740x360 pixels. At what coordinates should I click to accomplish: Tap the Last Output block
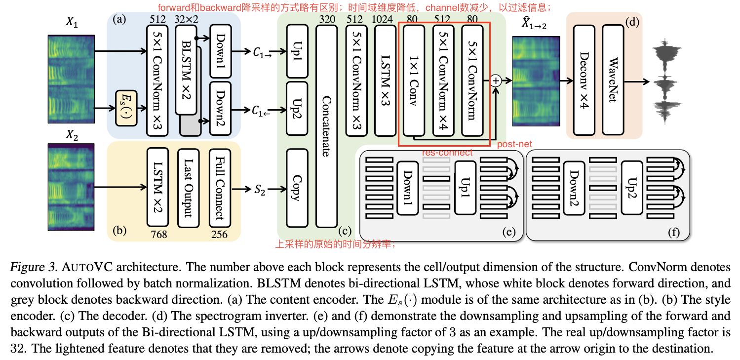(x=188, y=187)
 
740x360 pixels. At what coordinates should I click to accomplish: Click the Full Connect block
(x=219, y=187)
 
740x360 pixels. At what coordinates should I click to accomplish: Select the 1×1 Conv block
(x=414, y=80)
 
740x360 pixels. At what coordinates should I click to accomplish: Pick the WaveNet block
(x=613, y=80)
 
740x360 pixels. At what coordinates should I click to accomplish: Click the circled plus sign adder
(x=496, y=80)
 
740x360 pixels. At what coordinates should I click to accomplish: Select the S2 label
(x=259, y=189)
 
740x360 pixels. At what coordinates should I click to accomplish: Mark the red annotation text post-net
(x=514, y=144)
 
